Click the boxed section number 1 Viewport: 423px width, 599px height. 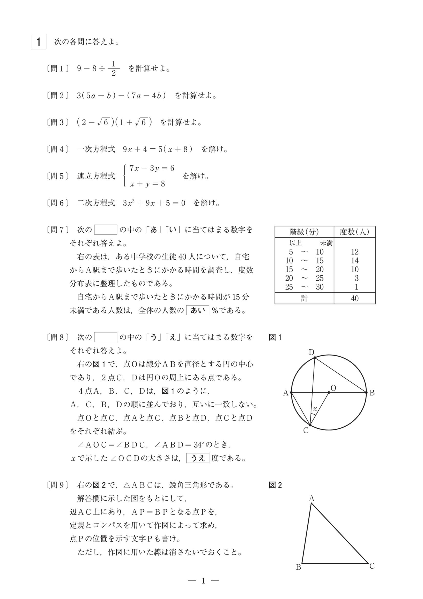pos(39,42)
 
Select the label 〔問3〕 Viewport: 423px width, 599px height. pos(58,122)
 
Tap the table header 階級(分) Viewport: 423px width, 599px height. pos(304,232)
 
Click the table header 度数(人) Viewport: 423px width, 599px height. pos(354,232)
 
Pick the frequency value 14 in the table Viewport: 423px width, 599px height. pos(354,261)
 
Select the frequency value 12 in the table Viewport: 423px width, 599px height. pos(354,252)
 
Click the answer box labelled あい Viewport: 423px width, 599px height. pos(197,310)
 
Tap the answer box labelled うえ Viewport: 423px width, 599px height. pos(197,458)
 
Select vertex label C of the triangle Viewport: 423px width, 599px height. pos(372,566)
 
